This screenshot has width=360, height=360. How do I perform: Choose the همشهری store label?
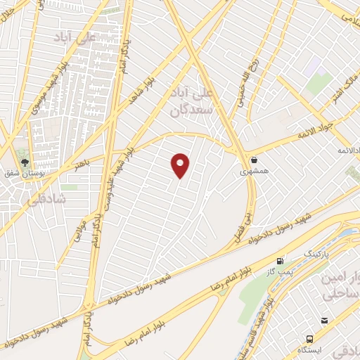[252, 171]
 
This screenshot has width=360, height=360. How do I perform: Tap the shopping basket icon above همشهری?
[253, 159]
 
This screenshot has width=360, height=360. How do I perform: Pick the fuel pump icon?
[282, 259]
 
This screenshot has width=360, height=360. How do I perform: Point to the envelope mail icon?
[324, 321]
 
